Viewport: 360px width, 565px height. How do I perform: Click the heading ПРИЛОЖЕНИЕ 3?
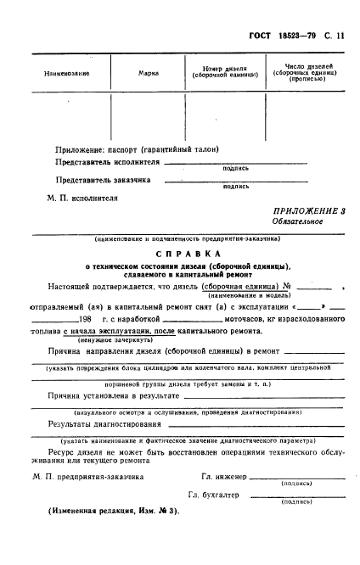tap(309, 210)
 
